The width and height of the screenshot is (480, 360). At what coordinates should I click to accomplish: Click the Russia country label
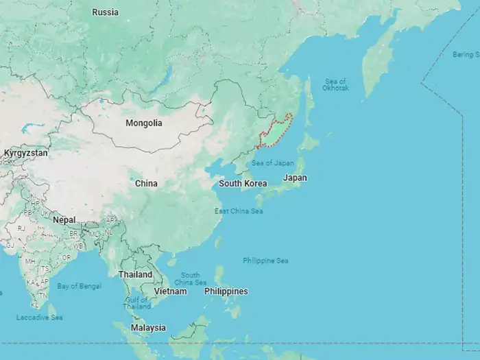[105, 12]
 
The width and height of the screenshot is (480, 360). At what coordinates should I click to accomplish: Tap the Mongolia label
[144, 123]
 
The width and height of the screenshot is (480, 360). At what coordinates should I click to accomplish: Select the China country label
[146, 184]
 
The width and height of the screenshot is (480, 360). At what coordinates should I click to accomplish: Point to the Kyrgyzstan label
[25, 153]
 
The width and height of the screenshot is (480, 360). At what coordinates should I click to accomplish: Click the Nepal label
[64, 220]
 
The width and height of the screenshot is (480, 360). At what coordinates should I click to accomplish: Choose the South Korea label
[243, 184]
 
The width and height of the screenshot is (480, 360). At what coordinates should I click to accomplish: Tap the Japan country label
[295, 178]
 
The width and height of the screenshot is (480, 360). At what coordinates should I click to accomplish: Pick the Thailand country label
[135, 274]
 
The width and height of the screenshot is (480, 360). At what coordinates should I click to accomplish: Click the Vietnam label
[170, 291]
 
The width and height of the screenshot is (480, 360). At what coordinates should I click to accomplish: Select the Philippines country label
[226, 291]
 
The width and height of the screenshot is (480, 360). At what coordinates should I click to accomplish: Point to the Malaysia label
[148, 328]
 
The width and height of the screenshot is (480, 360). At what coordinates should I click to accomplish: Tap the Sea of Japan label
[272, 163]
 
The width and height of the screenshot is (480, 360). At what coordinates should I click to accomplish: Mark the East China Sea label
[239, 211]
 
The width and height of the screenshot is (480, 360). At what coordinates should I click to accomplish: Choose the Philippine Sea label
[265, 261]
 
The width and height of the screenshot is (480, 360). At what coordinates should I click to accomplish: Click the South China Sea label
[190, 278]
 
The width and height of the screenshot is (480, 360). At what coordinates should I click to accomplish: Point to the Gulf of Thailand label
[137, 302]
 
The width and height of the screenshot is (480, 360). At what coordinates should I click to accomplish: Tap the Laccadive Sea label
[40, 317]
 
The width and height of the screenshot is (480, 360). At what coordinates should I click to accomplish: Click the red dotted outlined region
[276, 132]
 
